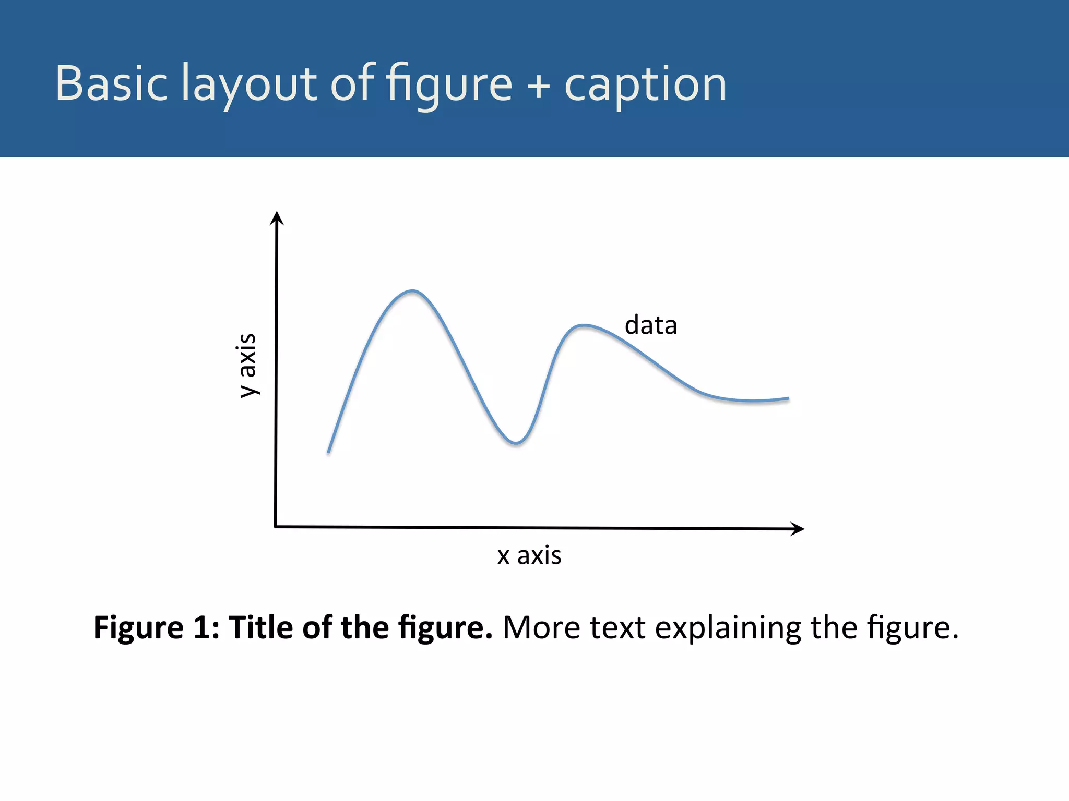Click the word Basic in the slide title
[111, 83]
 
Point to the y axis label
[247, 365]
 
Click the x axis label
[529, 555]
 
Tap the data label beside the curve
[651, 325]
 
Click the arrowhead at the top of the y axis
[277, 217]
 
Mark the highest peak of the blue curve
[412, 291]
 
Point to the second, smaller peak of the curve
[583, 326]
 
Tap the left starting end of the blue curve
[328, 452]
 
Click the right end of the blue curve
[788, 399]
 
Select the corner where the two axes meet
[276, 527]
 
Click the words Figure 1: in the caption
[156, 627]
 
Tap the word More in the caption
[541, 627]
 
